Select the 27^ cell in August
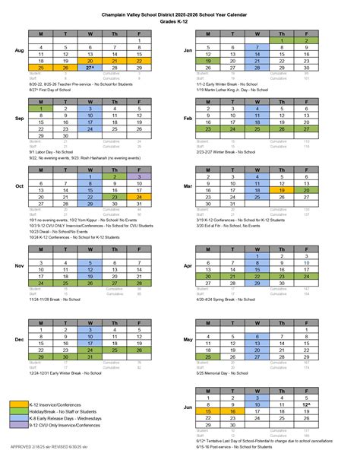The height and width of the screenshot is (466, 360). (x=90, y=68)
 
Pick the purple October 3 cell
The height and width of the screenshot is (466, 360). (x=139, y=176)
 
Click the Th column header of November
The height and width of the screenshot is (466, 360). (x=115, y=255)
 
